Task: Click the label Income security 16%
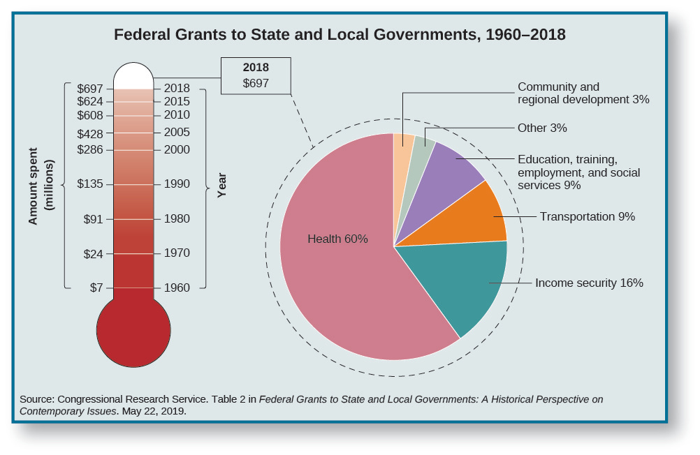(x=589, y=283)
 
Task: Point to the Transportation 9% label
(x=587, y=216)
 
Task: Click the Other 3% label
(x=542, y=128)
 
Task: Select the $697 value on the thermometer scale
(x=90, y=89)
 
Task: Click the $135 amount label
(x=90, y=184)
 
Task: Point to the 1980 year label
(x=177, y=218)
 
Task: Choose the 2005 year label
(x=177, y=132)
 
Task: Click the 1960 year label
(x=177, y=288)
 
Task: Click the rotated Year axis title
(x=222, y=186)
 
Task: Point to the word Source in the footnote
(x=37, y=399)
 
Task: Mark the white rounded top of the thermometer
(x=133, y=75)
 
